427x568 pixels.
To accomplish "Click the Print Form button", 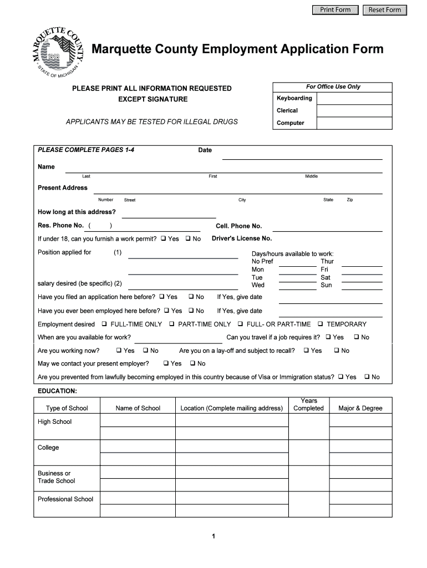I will pyautogui.click(x=335, y=10).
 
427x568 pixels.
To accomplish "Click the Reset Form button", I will pyautogui.click(x=385, y=10).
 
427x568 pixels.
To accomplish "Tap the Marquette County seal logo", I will pyautogui.click(x=55, y=52).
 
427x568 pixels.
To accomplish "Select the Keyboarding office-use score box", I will pyautogui.click(x=355, y=99).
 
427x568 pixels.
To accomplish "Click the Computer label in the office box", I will pyautogui.click(x=291, y=123).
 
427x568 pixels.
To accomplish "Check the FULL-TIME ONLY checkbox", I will pyautogui.click(x=104, y=324).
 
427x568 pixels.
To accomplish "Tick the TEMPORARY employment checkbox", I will pyautogui.click(x=320, y=324).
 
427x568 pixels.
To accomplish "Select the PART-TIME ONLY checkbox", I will pyautogui.click(x=172, y=324).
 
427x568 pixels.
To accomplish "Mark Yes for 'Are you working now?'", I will pyautogui.click(x=119, y=351).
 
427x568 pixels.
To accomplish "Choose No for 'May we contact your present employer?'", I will pyautogui.click(x=192, y=364).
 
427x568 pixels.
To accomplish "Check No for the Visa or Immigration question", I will pyautogui.click(x=367, y=377).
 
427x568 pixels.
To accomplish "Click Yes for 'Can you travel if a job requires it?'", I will pyautogui.click(x=328, y=337).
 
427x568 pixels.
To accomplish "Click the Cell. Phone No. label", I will pyautogui.click(x=238, y=226).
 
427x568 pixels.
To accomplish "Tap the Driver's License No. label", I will pyautogui.click(x=242, y=239).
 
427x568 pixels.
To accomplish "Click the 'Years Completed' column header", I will pyautogui.click(x=308, y=404).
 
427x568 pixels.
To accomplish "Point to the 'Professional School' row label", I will pyautogui.click(x=65, y=499).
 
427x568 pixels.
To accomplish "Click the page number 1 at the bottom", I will pyautogui.click(x=213, y=536).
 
